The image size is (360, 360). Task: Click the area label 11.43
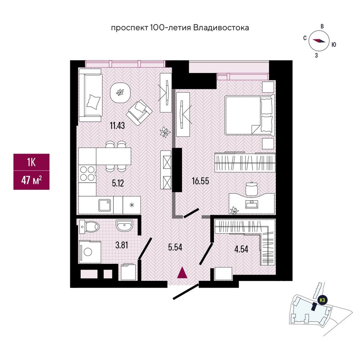[x=117, y=126]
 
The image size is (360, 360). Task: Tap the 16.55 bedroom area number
[x=201, y=181]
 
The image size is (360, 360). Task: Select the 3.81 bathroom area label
[x=121, y=245]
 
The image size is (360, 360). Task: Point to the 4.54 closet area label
[x=241, y=249]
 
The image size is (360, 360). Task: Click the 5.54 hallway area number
[x=175, y=247]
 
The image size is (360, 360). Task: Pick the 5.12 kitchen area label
[x=118, y=183]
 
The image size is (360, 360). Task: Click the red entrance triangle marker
[x=182, y=273]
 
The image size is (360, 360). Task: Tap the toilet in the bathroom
[x=89, y=226]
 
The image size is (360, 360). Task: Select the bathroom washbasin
[x=124, y=225]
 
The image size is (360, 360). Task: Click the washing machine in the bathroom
[x=90, y=252]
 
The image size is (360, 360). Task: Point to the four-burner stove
[x=87, y=174]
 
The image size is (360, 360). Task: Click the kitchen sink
[x=105, y=205]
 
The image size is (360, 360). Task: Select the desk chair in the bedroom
[x=252, y=189]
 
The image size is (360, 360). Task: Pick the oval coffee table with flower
[x=120, y=93]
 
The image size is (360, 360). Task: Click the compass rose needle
[x=319, y=40]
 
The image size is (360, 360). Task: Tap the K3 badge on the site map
[x=322, y=300]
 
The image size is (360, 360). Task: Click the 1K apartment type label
[x=31, y=163]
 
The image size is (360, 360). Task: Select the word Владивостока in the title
[x=221, y=28]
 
